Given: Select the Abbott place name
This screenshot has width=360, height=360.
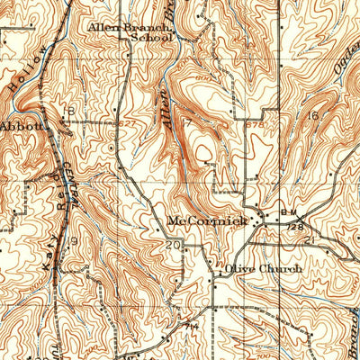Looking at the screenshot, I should tap(22, 127).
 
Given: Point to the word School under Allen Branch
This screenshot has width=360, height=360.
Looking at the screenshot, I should tap(150, 39).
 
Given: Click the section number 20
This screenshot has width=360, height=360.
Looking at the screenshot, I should tap(174, 245).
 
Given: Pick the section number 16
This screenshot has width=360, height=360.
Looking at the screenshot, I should tap(313, 116).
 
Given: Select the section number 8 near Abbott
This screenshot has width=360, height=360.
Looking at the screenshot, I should tap(70, 112).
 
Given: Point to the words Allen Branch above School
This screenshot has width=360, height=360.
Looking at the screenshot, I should tap(130, 27).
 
